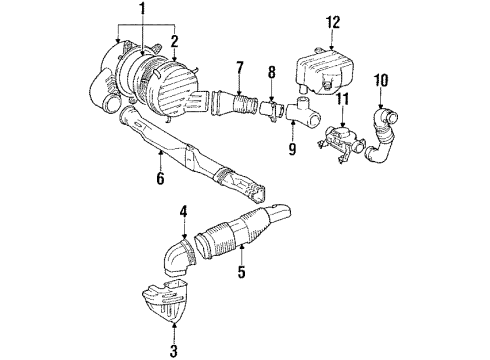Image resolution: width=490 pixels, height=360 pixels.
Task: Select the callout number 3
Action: [x=175, y=349]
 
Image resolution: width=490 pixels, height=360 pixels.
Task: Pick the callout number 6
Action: [x=159, y=181]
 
